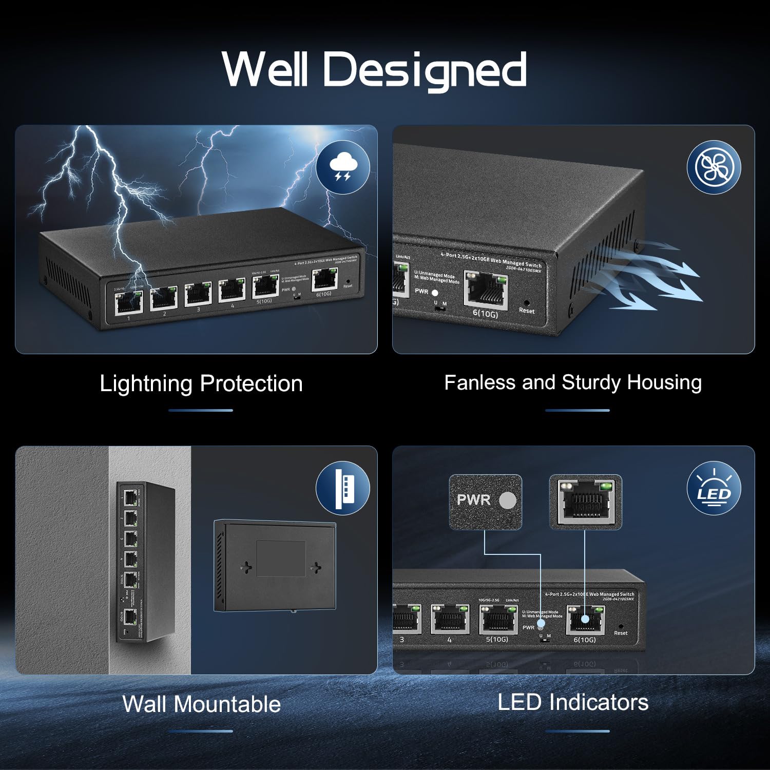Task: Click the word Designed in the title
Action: [425, 70]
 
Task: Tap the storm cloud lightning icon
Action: [343, 167]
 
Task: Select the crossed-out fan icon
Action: [714, 167]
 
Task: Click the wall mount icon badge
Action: [343, 488]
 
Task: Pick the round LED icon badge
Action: [714, 488]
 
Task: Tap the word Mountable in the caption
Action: [227, 704]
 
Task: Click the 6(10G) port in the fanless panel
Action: [486, 291]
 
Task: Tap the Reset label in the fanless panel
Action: [527, 311]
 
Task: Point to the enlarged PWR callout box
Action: [485, 502]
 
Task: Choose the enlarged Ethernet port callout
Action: [586, 502]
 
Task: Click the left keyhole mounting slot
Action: [246, 567]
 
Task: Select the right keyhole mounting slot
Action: [315, 567]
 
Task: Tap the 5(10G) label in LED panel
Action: [497, 639]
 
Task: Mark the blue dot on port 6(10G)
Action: [585, 620]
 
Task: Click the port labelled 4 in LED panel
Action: [450, 620]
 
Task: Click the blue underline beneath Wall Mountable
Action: [201, 731]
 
